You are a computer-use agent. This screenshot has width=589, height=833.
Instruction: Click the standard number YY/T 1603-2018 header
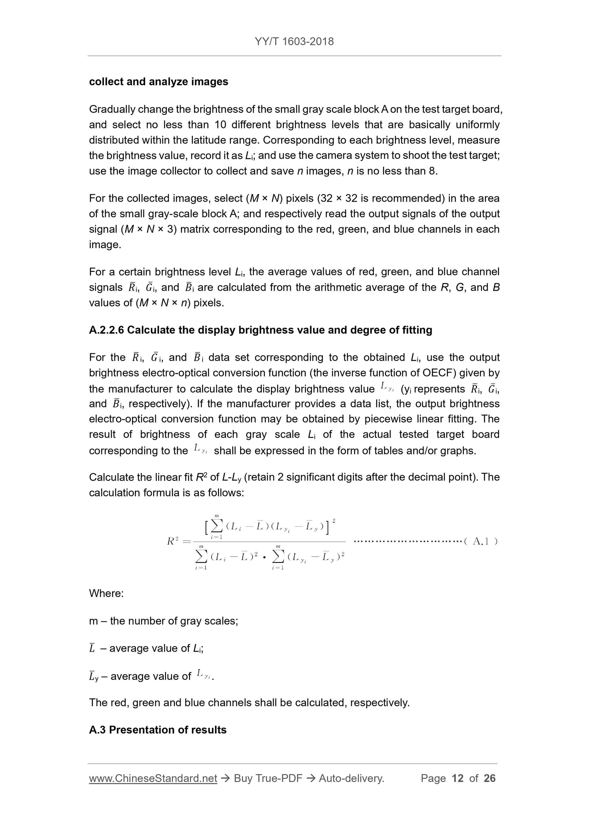294,41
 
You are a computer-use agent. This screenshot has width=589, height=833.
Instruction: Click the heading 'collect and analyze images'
159,82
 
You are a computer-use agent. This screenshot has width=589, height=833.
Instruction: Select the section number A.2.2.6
106,330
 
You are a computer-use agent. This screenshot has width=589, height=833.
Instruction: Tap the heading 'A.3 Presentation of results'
157,729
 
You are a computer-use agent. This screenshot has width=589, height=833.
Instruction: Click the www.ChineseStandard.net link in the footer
153,778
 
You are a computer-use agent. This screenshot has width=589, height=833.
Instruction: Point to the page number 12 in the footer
458,778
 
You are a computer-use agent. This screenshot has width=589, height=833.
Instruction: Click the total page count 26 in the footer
490,778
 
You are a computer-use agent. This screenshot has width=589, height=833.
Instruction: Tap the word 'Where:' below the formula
106,593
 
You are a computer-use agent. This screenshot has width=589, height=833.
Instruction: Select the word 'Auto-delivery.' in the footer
351,778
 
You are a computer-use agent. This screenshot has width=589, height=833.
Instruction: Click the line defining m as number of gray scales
163,621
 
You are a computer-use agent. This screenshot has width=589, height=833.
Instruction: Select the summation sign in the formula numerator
217,526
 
